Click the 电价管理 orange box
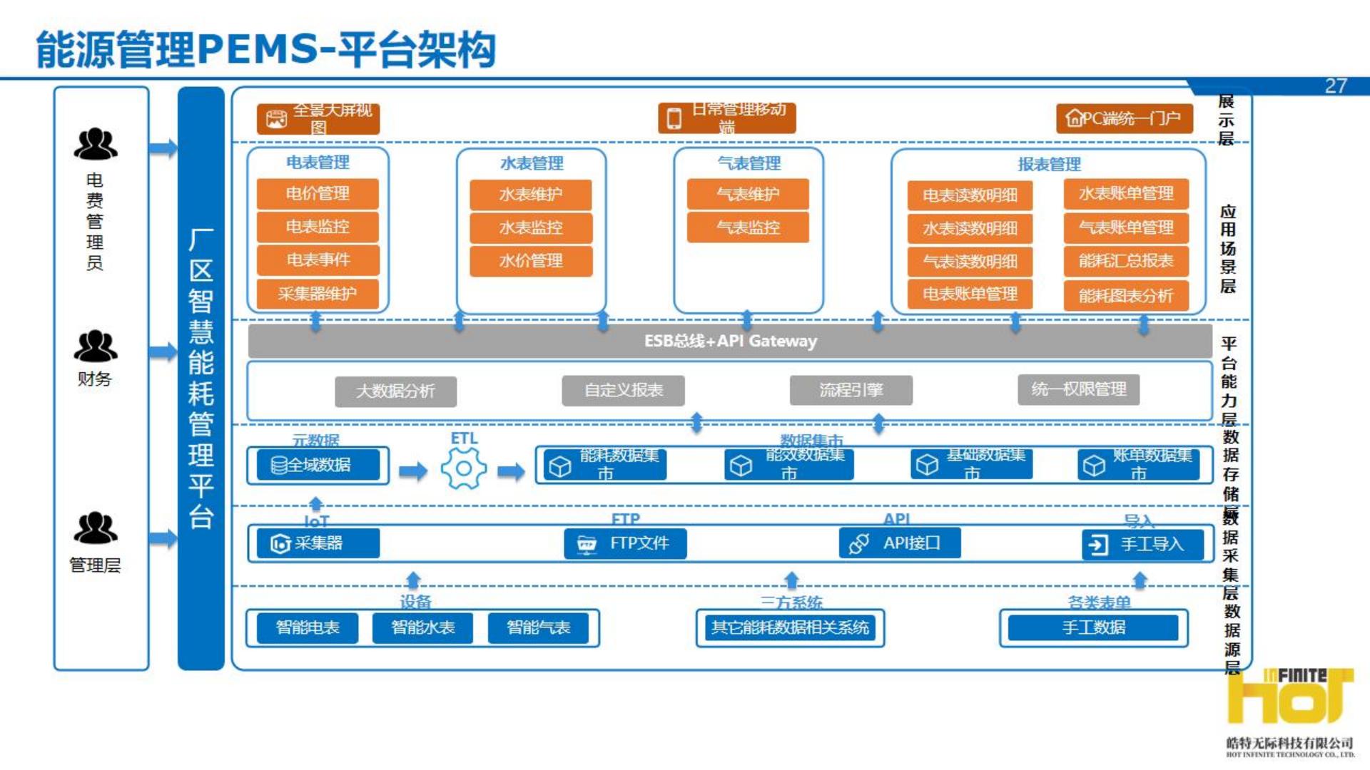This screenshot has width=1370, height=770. pos(318,194)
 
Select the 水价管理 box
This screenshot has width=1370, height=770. pos(531,261)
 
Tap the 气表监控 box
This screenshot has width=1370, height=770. pos(748,227)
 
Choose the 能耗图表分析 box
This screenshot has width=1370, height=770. pos(1126,295)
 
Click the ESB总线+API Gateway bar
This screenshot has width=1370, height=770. pos(730,341)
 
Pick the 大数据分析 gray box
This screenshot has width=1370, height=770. pos(395,391)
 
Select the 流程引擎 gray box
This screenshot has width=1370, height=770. pos(851,390)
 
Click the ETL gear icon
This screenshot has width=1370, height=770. pos(464,468)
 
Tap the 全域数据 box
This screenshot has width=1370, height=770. pos(318,465)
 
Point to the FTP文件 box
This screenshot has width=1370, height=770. pos(625,543)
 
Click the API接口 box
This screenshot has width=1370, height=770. pos(900,543)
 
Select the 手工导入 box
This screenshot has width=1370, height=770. pos(1142,545)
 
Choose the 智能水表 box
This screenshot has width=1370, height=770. pos(423,627)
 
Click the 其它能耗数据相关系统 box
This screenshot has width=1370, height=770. pos(790,627)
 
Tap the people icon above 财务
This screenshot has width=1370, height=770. pos(96,346)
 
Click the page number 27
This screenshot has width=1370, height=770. pos(1336,86)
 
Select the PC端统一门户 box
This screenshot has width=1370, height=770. pos(1124,118)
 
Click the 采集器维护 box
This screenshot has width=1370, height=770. pos(318,294)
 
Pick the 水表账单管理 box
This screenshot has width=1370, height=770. pos(1126,194)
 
